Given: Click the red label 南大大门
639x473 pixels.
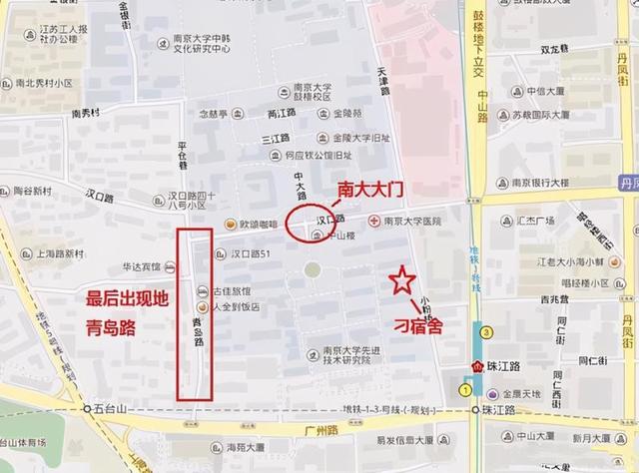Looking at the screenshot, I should [x=365, y=189].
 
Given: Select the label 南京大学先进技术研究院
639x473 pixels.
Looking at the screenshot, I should [x=350, y=355].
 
